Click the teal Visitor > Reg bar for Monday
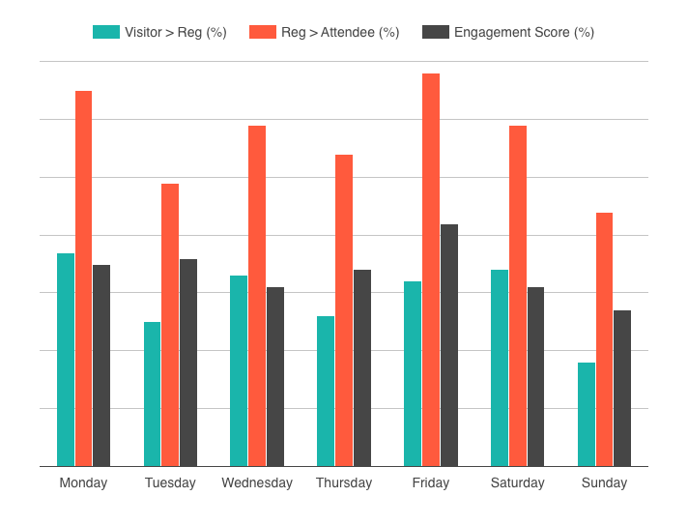pyautogui.click(x=66, y=360)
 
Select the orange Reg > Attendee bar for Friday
pyautogui.click(x=430, y=270)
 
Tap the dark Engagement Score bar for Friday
pyautogui.click(x=448, y=345)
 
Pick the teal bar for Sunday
pyautogui.click(x=587, y=414)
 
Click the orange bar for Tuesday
pyautogui.click(x=170, y=325)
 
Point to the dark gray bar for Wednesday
pyautogui.click(x=275, y=376)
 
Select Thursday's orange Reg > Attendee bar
pyautogui.click(x=344, y=310)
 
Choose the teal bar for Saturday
pyautogui.click(x=500, y=367)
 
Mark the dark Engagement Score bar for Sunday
pyautogui.click(x=622, y=388)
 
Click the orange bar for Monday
pyautogui.click(x=83, y=278)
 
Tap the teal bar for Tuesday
pyautogui.click(x=153, y=394)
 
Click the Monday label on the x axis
pyautogui.click(x=83, y=482)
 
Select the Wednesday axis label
pyautogui.click(x=257, y=482)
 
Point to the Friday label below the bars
pyautogui.click(x=430, y=482)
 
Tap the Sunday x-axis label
pyautogui.click(x=604, y=482)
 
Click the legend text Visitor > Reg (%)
pyautogui.click(x=175, y=32)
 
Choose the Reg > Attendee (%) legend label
pyautogui.click(x=340, y=32)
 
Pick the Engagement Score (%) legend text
pyautogui.click(x=524, y=32)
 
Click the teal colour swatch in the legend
pyautogui.click(x=105, y=32)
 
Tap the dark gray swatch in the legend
pyautogui.click(x=436, y=32)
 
